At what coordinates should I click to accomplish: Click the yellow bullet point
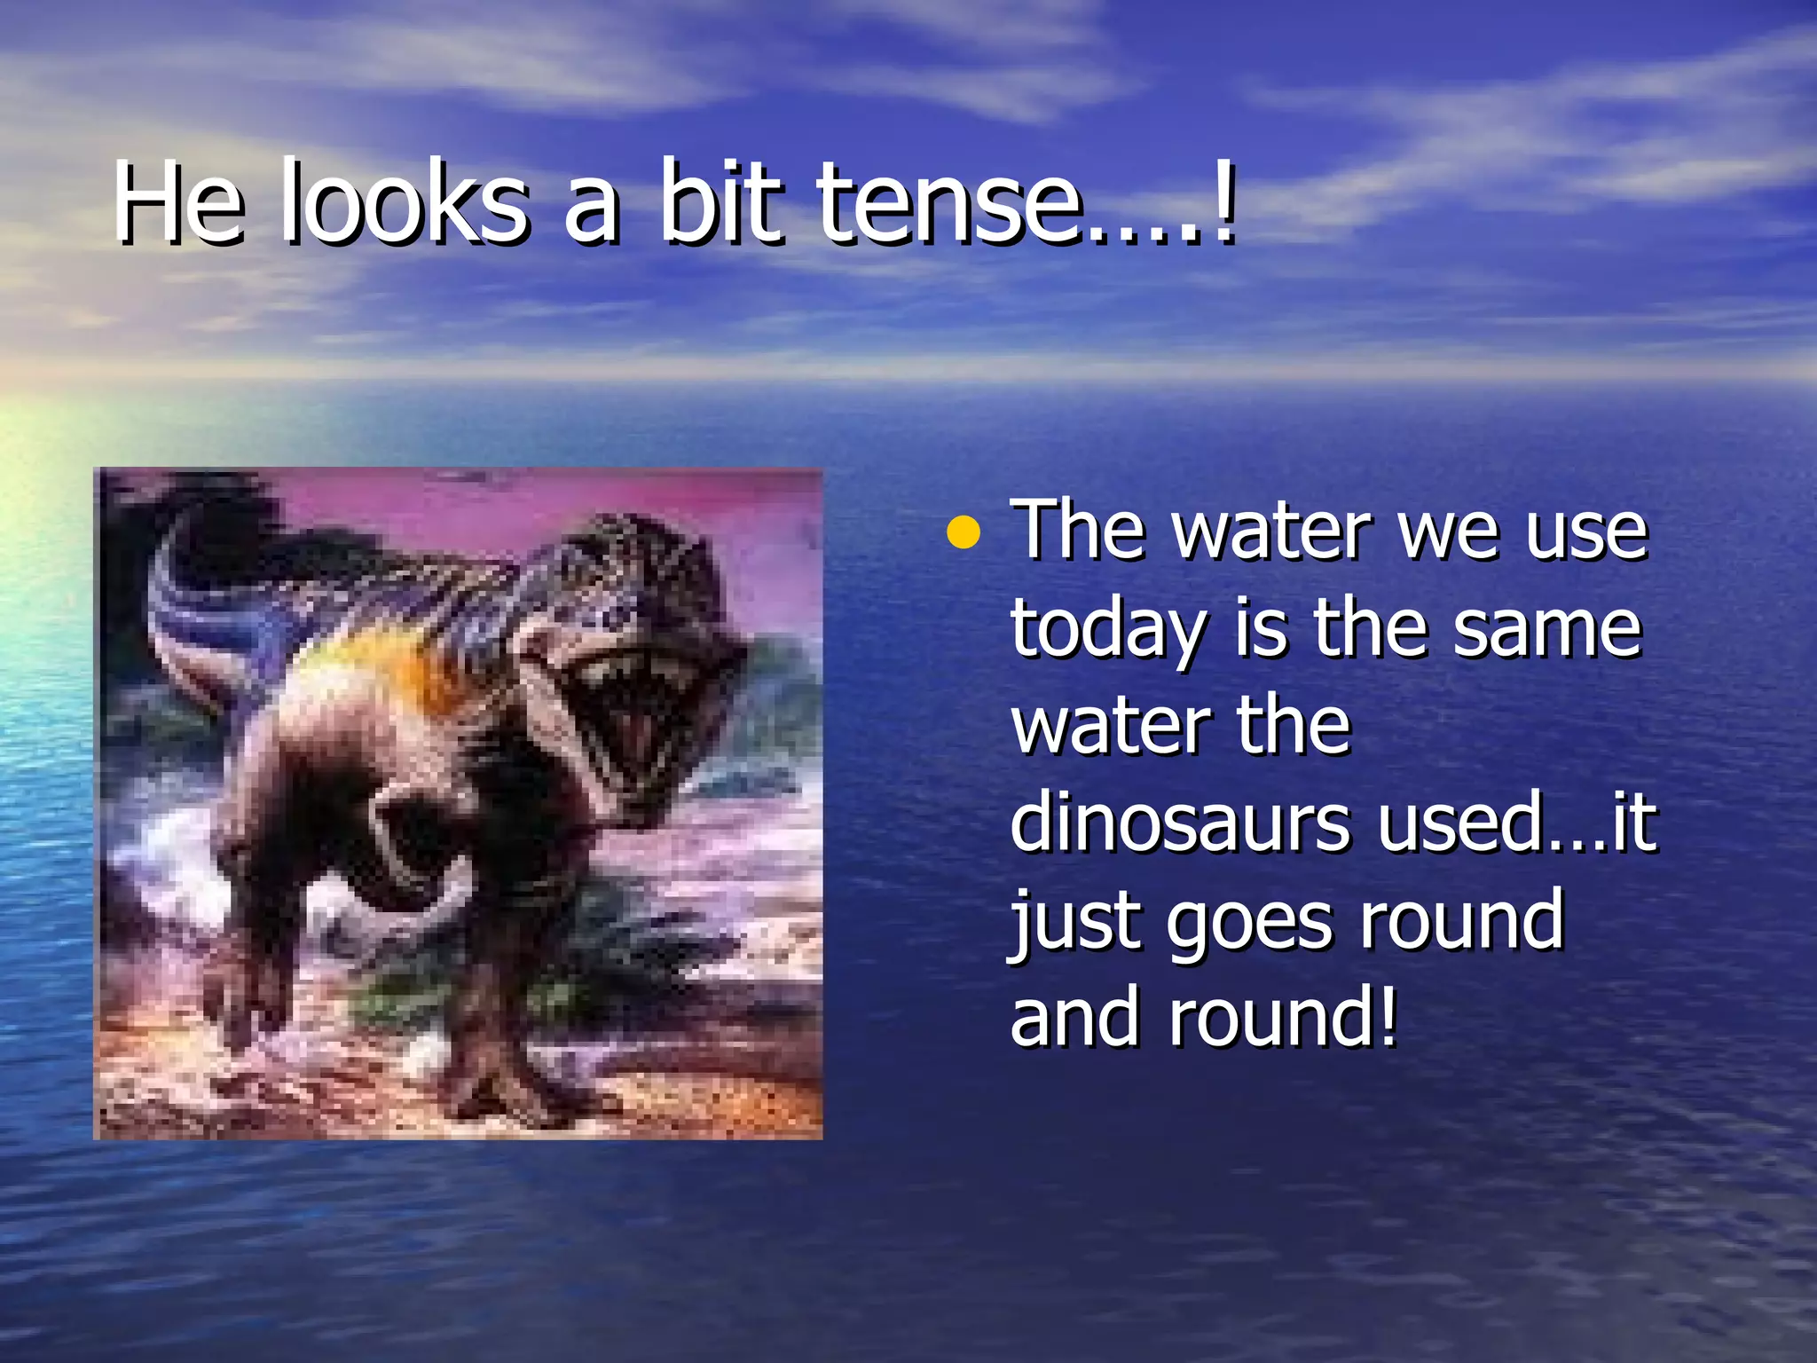point(964,534)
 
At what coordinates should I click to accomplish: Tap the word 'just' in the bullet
point(1074,923)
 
